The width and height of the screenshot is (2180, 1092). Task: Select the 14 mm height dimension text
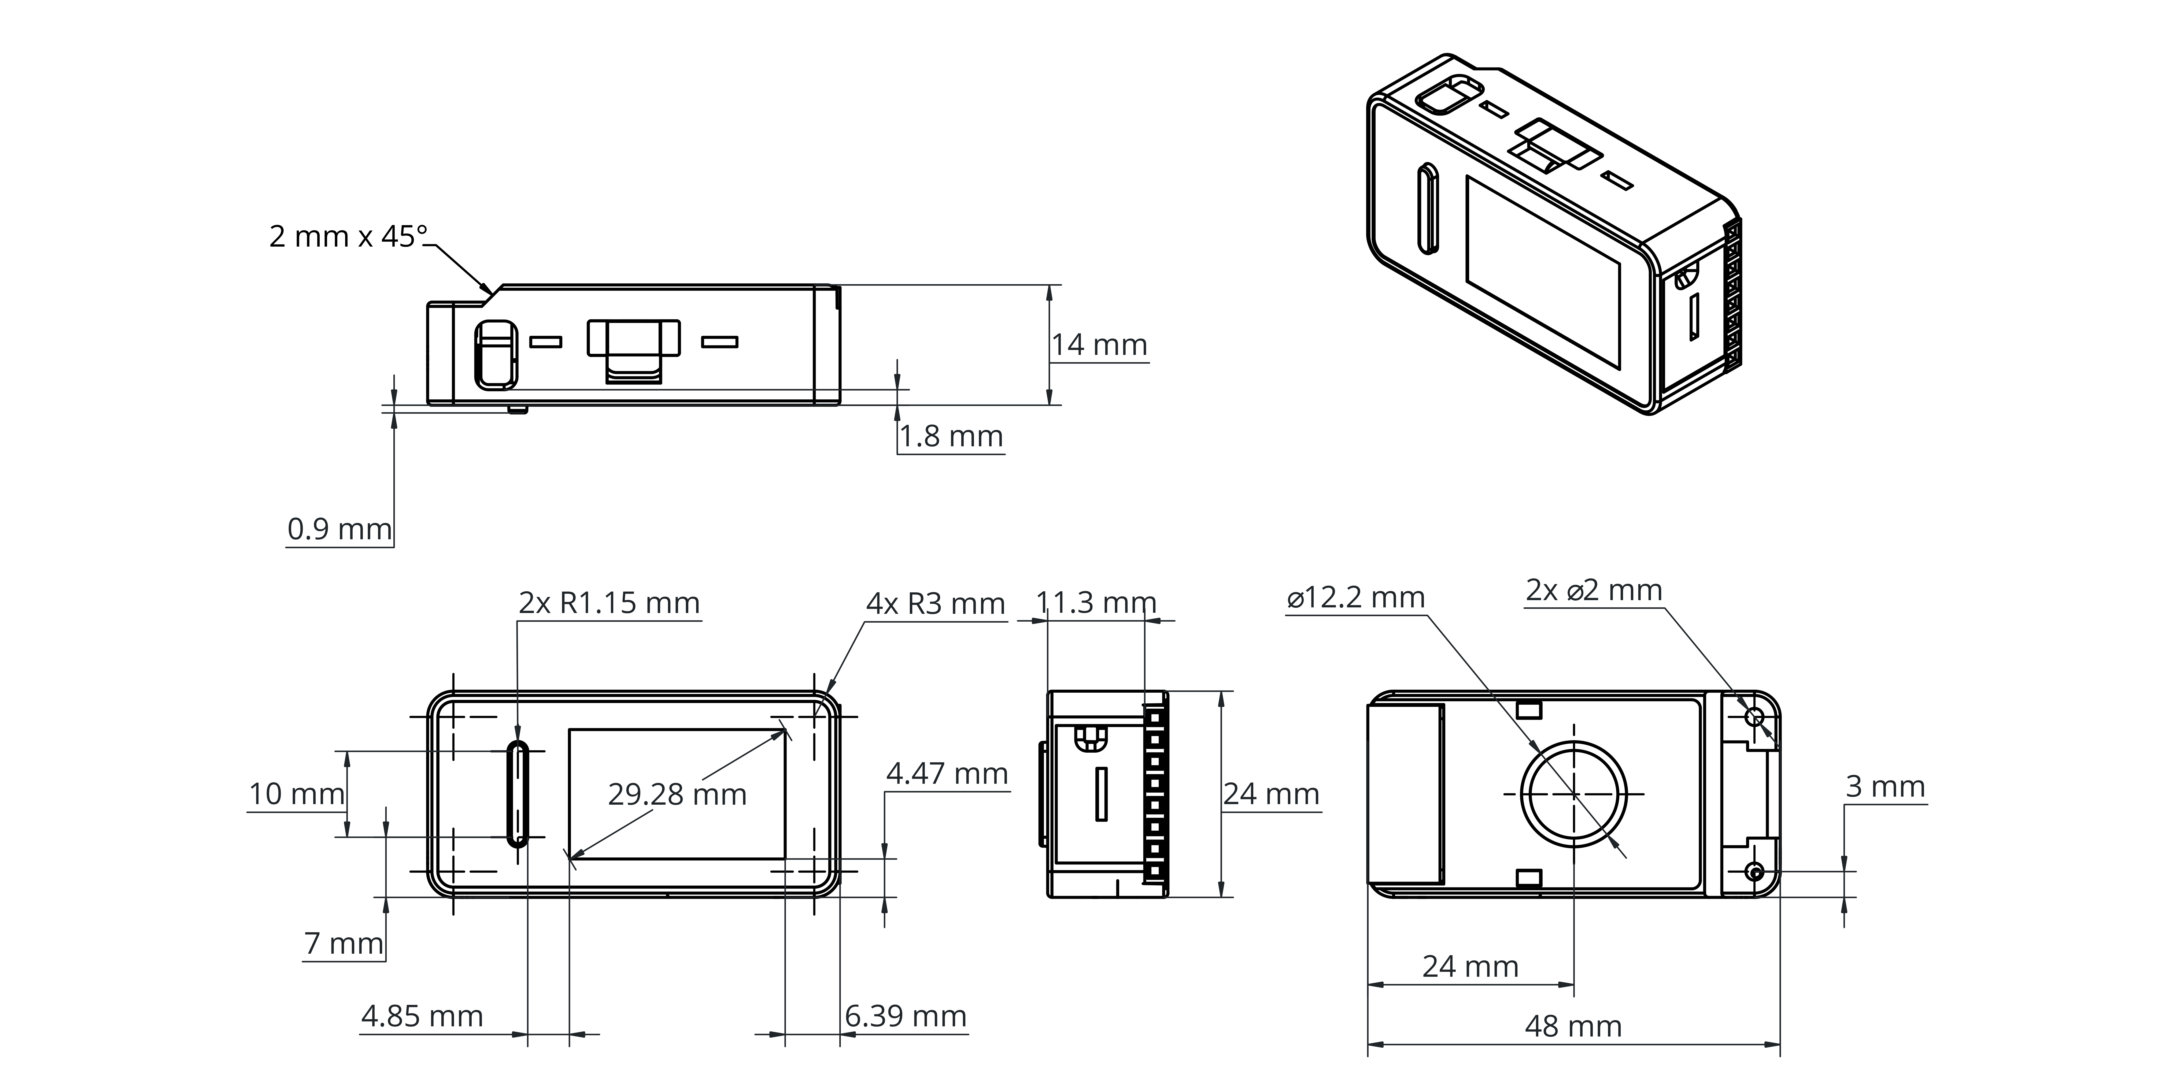tap(1099, 345)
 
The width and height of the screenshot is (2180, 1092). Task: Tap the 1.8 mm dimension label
tap(950, 436)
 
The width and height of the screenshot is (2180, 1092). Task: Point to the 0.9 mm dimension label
tap(339, 529)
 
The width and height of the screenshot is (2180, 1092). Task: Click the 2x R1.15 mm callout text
tap(609, 603)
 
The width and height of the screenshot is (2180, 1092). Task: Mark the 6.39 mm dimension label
tap(906, 1016)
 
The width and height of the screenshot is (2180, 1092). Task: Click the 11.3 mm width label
tap(1096, 602)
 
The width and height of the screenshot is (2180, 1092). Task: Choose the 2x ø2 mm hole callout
tap(1594, 590)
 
